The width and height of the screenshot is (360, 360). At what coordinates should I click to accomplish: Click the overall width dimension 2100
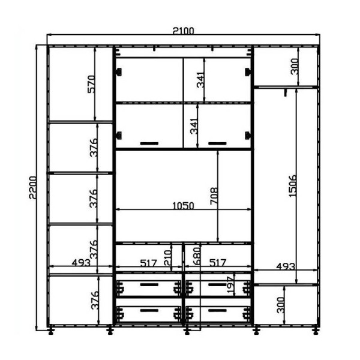(183, 31)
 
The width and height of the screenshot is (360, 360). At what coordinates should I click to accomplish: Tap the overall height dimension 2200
(33, 187)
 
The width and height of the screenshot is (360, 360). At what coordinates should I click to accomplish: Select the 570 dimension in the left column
(91, 84)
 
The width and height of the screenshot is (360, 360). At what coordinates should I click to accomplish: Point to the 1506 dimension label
(292, 186)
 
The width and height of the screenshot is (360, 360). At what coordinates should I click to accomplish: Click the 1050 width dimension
(183, 206)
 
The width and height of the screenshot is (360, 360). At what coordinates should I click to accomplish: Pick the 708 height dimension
(214, 196)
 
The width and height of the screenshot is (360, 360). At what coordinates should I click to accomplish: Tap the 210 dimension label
(168, 258)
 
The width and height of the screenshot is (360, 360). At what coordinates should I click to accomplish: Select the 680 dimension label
(197, 256)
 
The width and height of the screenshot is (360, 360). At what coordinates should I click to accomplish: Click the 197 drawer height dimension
(230, 284)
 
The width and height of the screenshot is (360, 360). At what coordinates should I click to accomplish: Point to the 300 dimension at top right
(295, 67)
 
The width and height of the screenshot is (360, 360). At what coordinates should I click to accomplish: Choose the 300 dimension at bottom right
(281, 305)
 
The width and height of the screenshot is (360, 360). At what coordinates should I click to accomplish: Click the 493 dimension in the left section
(81, 262)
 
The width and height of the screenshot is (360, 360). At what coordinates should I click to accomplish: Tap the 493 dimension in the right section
(286, 266)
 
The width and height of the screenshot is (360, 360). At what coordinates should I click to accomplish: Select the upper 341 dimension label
(200, 80)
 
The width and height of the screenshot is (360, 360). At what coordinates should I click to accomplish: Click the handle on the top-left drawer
(149, 284)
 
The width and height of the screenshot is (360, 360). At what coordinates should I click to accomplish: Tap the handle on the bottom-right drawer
(217, 311)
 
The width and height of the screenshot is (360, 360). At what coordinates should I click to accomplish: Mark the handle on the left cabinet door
(149, 143)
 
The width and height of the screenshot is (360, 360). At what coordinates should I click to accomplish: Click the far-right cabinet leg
(316, 331)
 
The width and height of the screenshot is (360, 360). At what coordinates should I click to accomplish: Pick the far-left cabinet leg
(51, 331)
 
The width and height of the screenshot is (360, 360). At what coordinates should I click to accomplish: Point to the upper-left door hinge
(118, 72)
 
